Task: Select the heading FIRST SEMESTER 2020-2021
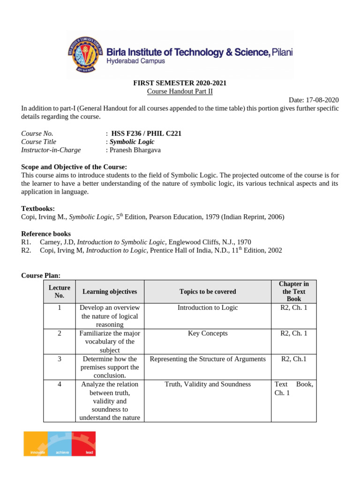180,83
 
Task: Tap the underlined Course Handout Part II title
180,91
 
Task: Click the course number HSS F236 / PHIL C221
146,134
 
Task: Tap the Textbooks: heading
38,209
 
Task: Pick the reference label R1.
26,242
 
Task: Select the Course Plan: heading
41,275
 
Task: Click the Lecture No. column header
59,292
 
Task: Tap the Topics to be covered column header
208,292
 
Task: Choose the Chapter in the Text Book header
294,292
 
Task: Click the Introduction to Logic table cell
208,308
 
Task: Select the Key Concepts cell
208,333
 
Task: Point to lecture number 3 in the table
59,359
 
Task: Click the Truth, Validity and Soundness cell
208,384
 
